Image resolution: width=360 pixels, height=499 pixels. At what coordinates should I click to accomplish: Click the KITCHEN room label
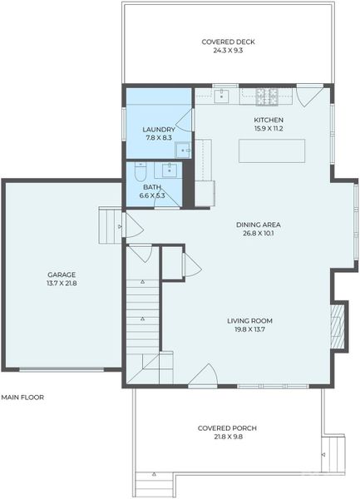tap(269, 120)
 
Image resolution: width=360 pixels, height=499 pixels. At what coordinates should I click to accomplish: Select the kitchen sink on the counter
tap(223, 96)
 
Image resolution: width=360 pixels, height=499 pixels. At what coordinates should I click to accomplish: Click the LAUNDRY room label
tap(158, 129)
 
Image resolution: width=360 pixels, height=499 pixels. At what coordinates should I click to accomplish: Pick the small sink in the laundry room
tap(184, 150)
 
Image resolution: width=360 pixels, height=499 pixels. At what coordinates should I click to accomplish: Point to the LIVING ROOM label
tap(250, 320)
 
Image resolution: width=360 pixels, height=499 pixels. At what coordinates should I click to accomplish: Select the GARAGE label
tap(62, 274)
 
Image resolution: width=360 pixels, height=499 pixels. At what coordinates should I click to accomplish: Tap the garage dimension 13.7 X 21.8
tap(62, 284)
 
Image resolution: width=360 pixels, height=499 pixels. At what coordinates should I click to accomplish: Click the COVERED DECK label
tap(228, 42)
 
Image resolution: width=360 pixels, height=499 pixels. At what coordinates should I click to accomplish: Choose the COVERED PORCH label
tap(227, 428)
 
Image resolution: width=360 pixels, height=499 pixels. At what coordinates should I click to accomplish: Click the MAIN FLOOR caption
tap(22, 398)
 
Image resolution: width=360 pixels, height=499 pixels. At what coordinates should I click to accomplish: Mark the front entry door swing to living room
tap(204, 376)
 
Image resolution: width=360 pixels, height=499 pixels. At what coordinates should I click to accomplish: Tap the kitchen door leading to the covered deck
tap(308, 94)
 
